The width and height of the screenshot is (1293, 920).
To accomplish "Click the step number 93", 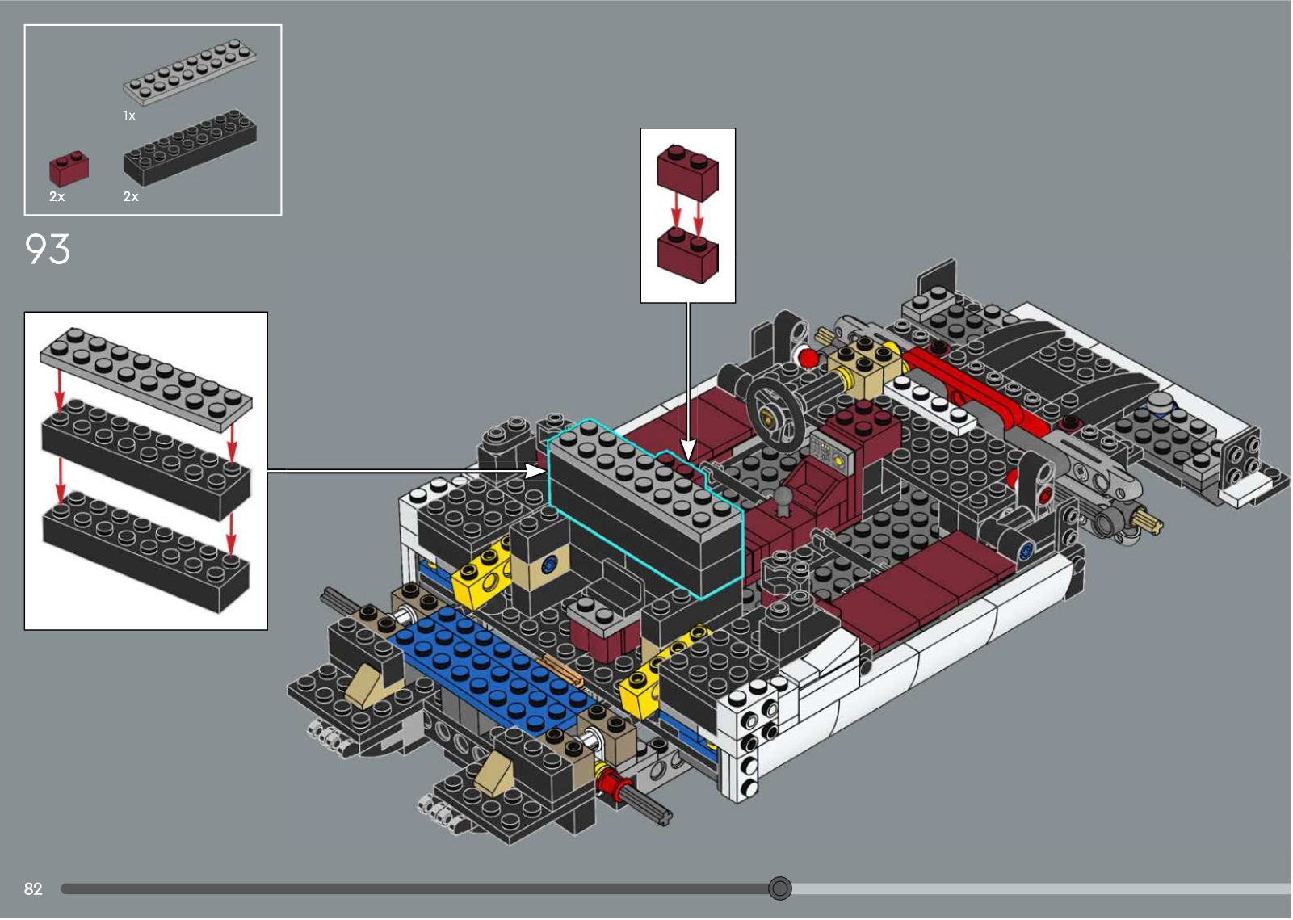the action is [48, 250].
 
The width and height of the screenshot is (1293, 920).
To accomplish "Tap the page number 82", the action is [33, 888].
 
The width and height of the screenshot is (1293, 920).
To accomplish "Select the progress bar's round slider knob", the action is [779, 888].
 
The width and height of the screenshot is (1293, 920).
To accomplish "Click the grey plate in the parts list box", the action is [190, 72].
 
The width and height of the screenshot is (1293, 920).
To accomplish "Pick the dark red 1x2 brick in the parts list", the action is [69, 169].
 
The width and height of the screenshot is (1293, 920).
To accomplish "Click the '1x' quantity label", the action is [128, 116].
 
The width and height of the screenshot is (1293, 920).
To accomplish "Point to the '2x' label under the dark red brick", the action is [57, 197].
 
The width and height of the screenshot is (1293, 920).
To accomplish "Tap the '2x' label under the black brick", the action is [131, 197].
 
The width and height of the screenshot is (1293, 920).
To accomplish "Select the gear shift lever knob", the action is [783, 496].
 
